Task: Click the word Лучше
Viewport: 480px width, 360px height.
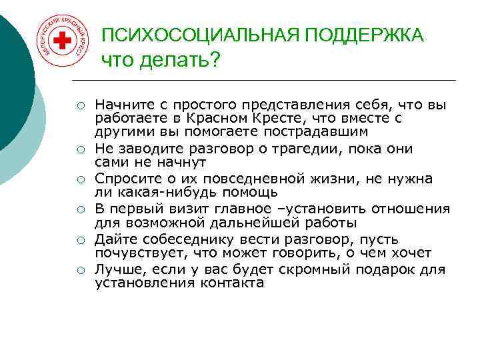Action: [114, 269]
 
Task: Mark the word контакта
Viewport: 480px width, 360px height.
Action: [231, 283]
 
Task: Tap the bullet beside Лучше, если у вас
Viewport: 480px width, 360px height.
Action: [79, 270]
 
